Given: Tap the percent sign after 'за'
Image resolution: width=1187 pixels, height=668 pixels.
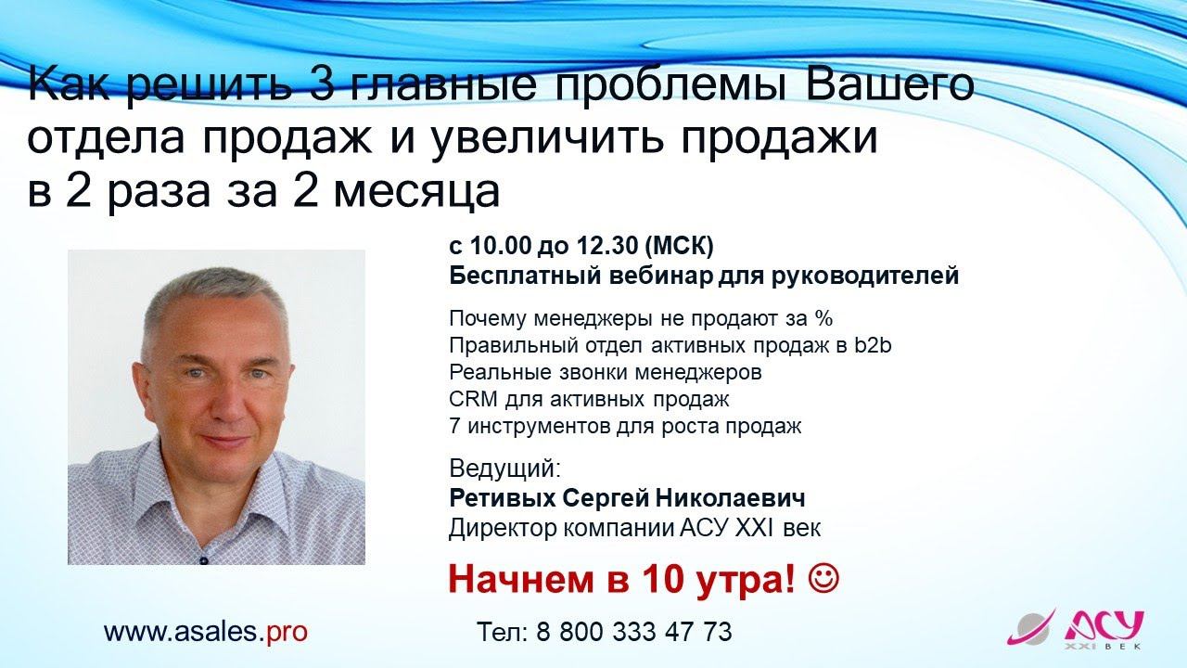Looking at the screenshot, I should click(x=823, y=319).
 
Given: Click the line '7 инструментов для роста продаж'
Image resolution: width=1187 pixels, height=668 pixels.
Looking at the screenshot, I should click(x=624, y=427).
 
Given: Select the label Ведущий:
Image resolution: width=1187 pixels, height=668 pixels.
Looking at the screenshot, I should click(x=504, y=468).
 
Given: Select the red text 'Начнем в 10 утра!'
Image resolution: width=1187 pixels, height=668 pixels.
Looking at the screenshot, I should click(x=621, y=581).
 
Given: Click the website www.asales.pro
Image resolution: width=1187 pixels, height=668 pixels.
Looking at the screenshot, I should click(x=205, y=632).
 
